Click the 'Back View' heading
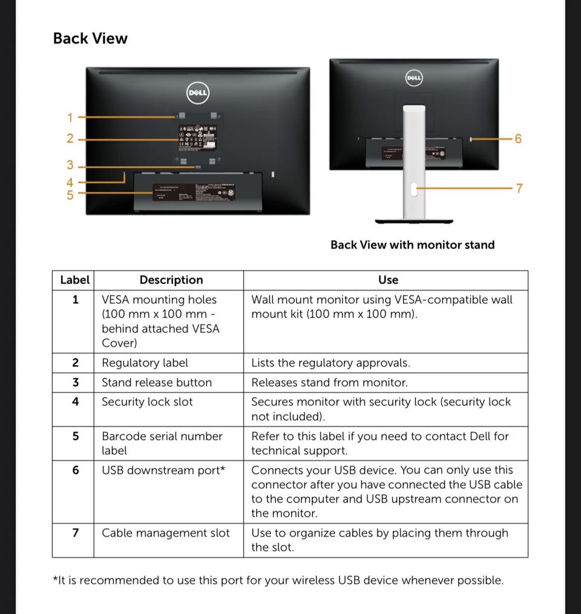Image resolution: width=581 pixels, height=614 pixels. click(90, 38)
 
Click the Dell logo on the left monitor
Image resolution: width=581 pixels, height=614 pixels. click(197, 92)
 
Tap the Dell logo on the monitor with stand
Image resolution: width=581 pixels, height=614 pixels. click(413, 78)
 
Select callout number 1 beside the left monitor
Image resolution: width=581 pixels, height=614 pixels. click(70, 117)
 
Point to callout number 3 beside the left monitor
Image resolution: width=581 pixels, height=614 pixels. click(70, 165)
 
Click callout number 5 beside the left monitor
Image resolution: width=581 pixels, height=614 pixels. click(70, 194)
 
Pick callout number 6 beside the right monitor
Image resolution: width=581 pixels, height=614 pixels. click(517, 139)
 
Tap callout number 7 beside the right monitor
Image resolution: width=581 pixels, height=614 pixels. click(518, 188)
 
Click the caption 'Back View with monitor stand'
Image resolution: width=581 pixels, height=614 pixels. click(412, 245)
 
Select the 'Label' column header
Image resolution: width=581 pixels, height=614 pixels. click(74, 280)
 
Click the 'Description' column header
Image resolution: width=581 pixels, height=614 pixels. click(171, 280)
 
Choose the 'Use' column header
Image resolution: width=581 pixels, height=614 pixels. click(388, 280)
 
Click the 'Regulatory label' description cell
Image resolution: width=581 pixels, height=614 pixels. click(145, 363)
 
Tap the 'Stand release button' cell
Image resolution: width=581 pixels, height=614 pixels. click(157, 382)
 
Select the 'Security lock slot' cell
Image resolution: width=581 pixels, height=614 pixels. click(147, 401)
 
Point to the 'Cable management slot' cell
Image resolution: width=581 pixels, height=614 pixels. click(165, 533)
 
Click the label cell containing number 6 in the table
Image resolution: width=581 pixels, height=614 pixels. click(75, 470)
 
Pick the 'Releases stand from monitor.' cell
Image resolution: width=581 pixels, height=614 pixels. click(329, 382)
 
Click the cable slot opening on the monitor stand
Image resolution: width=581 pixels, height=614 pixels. click(413, 190)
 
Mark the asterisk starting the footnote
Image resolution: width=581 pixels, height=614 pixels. click(56, 578)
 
